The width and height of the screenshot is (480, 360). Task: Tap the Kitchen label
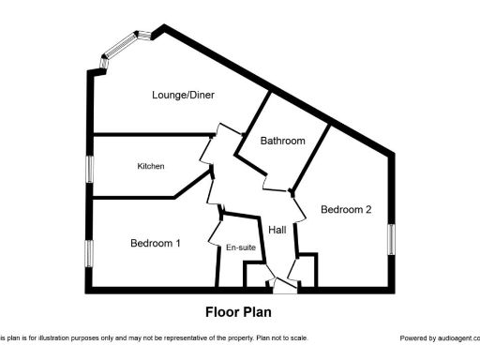pos(151,167)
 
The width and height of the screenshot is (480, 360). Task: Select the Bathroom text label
pos(283,142)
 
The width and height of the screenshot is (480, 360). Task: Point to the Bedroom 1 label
pos(155,244)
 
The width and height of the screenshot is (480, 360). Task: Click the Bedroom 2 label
pos(346,210)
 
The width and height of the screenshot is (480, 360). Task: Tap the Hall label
pos(277,230)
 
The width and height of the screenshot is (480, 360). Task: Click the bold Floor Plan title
pos(238,312)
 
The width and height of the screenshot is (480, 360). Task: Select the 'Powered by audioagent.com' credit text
pos(439,338)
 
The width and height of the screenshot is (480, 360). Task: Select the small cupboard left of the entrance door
pos(255,275)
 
